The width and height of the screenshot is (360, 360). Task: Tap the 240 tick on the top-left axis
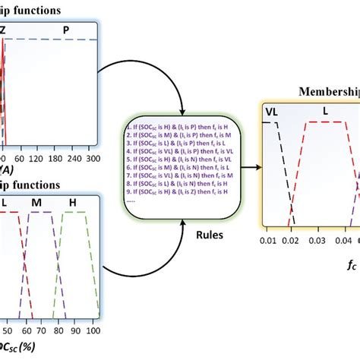click(74, 137)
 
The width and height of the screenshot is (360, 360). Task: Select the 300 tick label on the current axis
click(93, 137)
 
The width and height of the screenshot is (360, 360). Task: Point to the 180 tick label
click(54, 137)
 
